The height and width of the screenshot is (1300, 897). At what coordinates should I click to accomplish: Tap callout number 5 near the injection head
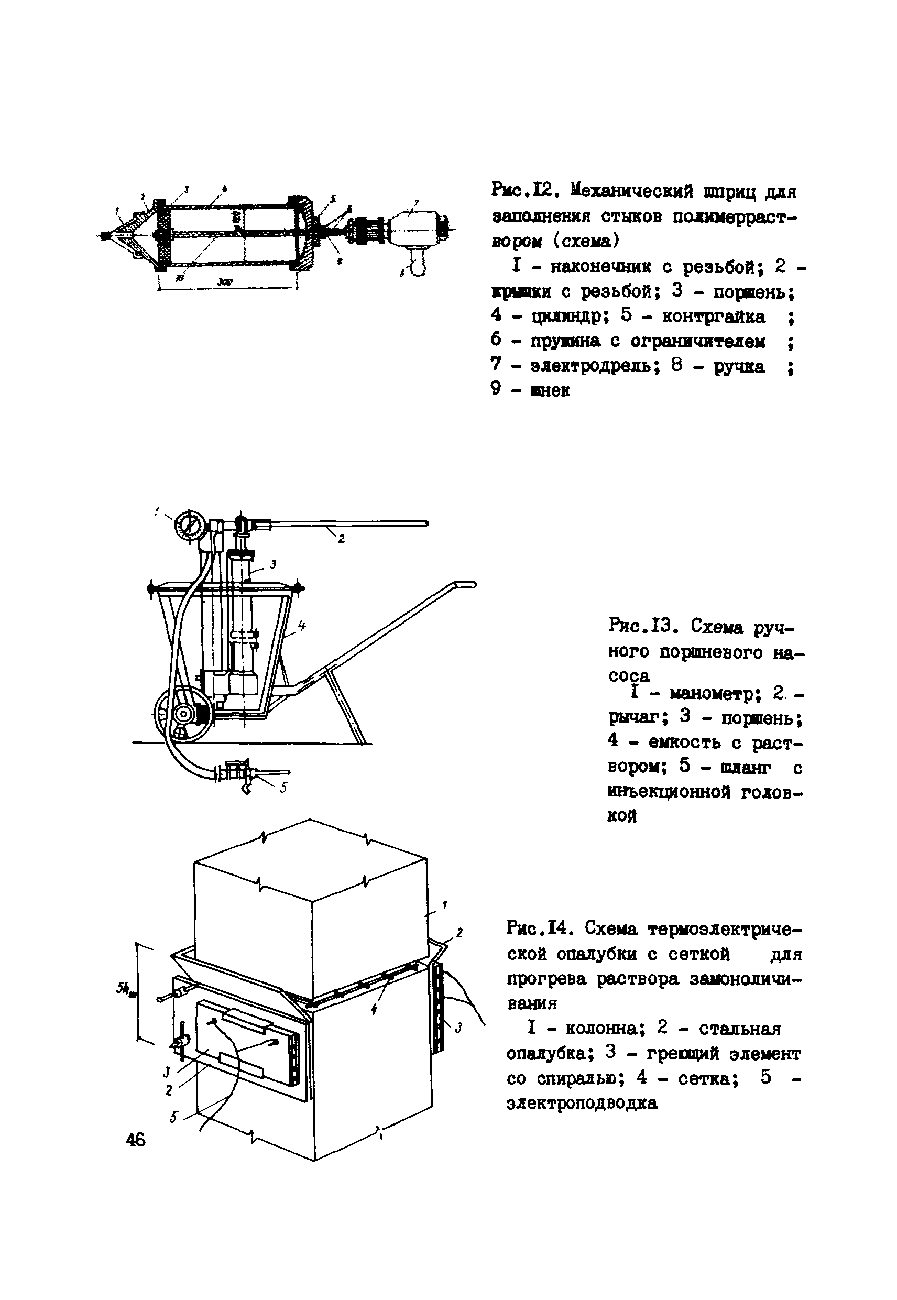[283, 789]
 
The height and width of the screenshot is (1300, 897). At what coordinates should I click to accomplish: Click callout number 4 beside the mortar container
[302, 625]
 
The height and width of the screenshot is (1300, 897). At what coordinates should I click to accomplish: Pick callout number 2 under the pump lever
[341, 539]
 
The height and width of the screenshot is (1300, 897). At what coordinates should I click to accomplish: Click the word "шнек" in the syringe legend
[550, 390]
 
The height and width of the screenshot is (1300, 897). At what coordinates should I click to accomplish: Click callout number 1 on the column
[444, 905]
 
